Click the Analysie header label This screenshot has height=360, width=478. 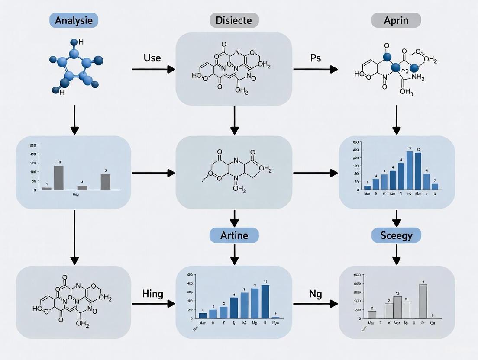point(74,20)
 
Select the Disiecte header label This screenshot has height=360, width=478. point(234,20)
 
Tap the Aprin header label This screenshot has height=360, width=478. point(396,20)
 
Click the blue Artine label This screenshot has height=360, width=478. point(234,235)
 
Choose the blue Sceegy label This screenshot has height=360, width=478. point(396,235)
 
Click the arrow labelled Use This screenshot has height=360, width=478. point(153,69)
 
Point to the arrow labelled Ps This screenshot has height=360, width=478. point(315,69)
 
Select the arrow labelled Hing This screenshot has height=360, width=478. point(153,304)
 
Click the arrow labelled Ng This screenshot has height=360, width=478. point(315,304)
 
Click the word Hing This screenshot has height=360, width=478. point(152,294)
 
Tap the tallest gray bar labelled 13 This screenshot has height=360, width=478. point(58,178)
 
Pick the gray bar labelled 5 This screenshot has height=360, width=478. point(105,182)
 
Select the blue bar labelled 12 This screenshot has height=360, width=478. point(418,171)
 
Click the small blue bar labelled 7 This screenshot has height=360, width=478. point(435,186)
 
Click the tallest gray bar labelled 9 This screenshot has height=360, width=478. point(423,301)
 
